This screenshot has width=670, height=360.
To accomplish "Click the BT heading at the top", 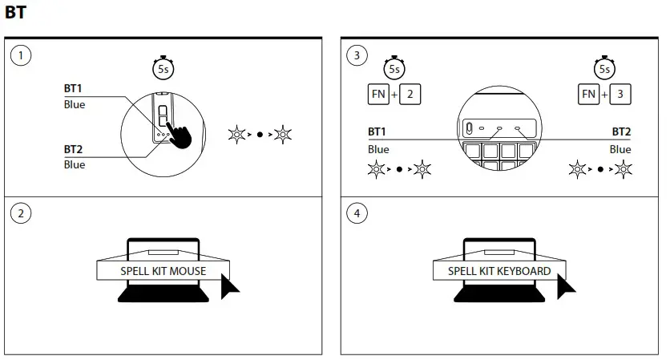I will [15, 13].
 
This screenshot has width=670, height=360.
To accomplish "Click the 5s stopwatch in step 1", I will [163, 68].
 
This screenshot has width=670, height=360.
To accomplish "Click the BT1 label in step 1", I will [74, 89].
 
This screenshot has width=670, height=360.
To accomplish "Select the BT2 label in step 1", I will [74, 149].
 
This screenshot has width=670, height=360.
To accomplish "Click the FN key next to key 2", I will [378, 94].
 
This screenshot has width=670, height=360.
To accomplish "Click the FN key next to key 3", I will [589, 94].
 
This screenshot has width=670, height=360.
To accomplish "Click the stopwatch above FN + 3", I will [604, 68].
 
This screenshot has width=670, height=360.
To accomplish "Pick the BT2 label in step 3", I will [620, 131].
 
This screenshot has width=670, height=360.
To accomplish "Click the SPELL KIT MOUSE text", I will [163, 271].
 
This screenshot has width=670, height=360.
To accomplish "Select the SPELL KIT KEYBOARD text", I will [498, 271].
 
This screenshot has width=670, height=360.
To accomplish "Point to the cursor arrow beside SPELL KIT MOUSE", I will [231, 286].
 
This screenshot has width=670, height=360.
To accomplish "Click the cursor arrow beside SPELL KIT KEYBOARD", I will [567, 286].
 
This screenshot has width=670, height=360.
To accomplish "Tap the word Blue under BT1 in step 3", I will [378, 149].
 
